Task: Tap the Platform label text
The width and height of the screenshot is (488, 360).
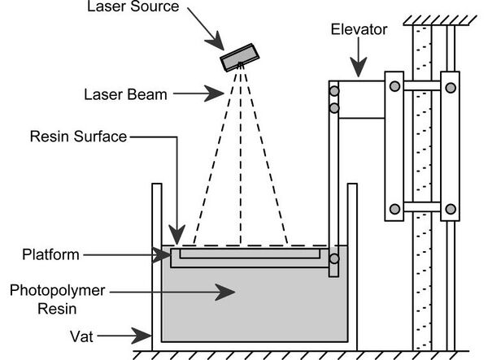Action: [52, 255]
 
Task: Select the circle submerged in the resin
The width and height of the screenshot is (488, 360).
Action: [333, 260]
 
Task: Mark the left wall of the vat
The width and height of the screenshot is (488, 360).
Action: [156, 260]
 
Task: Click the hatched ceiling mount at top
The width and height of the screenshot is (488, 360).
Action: [434, 14]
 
